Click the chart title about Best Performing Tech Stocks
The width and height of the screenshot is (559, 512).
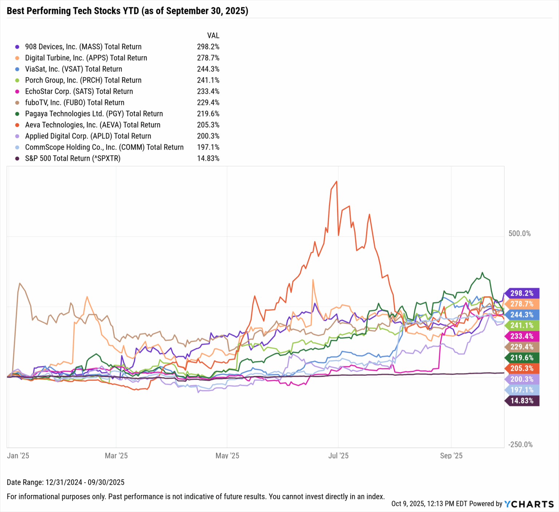tap(127, 11)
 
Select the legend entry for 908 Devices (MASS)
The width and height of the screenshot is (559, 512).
tap(83, 47)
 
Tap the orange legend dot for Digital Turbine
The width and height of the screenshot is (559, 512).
tap(17, 58)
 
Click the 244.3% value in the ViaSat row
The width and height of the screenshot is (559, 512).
tap(208, 69)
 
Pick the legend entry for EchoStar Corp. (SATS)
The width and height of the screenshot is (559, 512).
tap(79, 91)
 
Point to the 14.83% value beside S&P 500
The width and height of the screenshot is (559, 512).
tap(208, 158)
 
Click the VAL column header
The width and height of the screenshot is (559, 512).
tap(213, 36)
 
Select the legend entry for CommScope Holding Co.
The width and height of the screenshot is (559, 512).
tap(104, 147)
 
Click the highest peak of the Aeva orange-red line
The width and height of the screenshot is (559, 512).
tap(336, 181)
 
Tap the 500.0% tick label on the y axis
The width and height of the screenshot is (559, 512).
tap(519, 234)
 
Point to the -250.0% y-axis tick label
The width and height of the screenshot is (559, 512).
tap(520, 445)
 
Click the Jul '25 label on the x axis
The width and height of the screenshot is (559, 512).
tap(338, 456)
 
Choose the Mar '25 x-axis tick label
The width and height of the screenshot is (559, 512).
tap(116, 456)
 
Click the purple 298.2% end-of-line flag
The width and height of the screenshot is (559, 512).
tap(522, 293)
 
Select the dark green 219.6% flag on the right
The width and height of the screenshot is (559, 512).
tap(522, 358)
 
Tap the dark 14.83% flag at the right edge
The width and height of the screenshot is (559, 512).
tap(522, 401)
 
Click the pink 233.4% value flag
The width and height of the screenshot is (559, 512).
tap(522, 336)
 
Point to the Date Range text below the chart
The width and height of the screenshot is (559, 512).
tap(66, 482)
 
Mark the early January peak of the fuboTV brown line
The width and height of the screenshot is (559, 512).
tap(20, 283)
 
